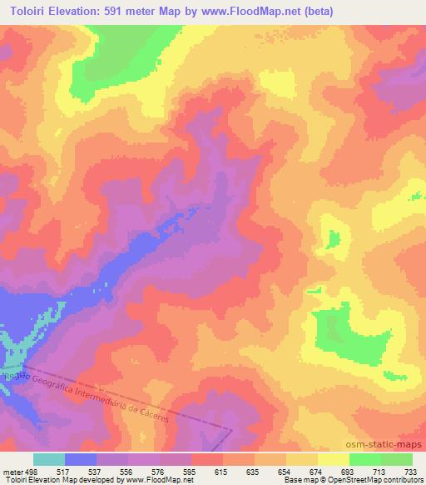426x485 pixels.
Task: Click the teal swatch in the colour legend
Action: coord(48,459)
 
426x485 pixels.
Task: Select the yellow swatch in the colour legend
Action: coord(333,459)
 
